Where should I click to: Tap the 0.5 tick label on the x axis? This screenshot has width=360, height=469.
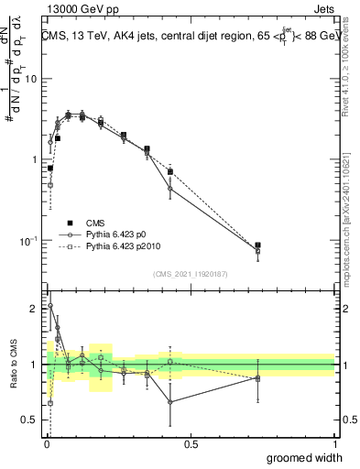click(x=191, y=444)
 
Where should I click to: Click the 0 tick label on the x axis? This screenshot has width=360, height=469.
click(x=46, y=444)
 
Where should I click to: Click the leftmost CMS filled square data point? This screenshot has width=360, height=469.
click(x=50, y=169)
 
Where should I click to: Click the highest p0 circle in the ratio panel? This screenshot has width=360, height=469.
click(x=50, y=306)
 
